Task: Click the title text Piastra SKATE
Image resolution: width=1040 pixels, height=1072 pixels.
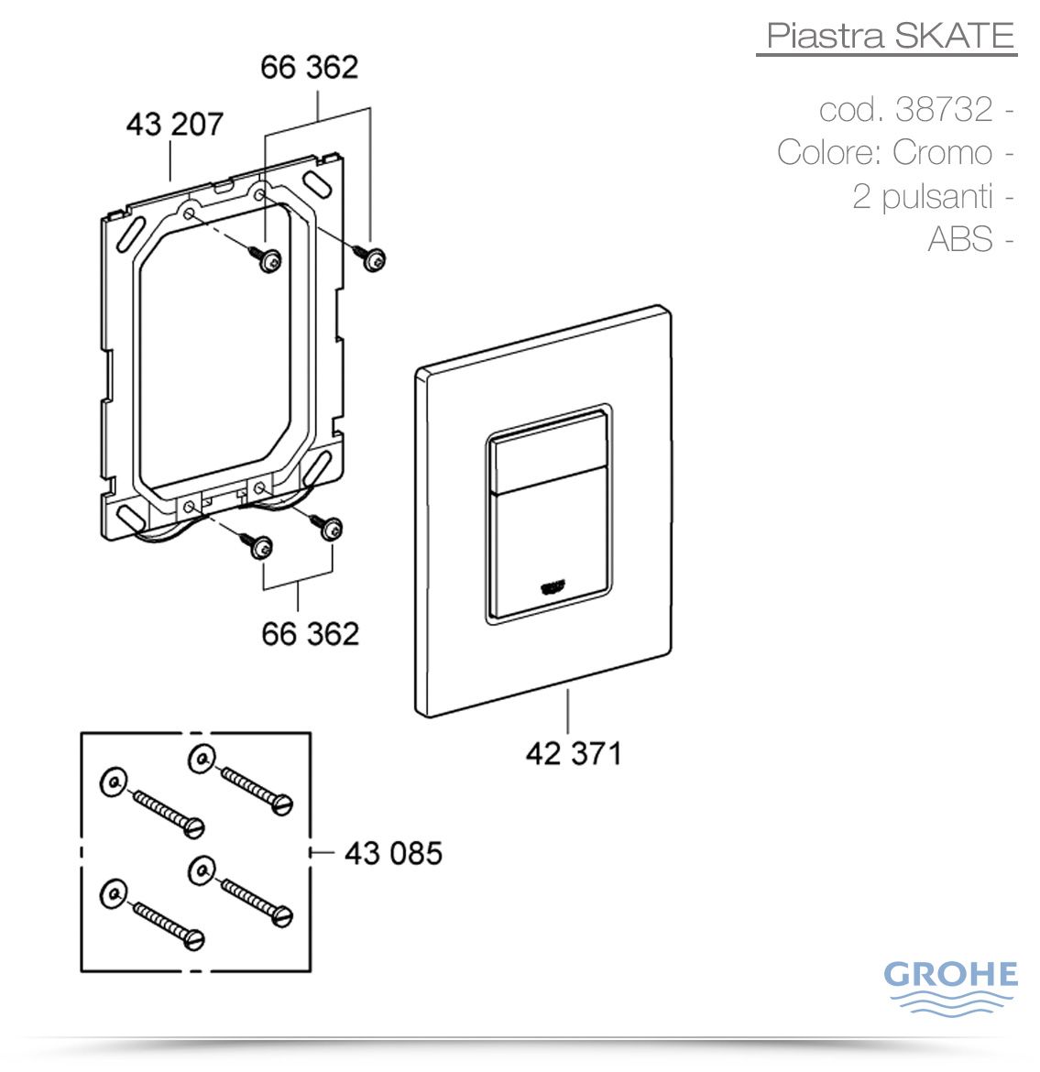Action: tap(890, 35)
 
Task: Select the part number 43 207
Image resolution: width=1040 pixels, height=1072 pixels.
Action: tap(174, 125)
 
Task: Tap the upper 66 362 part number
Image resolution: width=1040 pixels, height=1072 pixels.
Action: tap(309, 68)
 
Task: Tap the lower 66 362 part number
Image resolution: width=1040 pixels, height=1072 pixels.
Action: tap(310, 634)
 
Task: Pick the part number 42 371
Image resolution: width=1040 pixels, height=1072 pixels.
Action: tap(574, 754)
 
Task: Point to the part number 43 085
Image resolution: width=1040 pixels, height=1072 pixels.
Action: tap(393, 854)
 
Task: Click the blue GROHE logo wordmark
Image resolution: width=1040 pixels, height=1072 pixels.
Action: tap(950, 974)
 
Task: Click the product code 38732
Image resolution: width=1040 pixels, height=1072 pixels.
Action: tap(944, 109)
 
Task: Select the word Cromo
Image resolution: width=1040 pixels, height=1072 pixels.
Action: tap(942, 152)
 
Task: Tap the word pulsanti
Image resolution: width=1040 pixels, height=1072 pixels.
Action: tap(937, 197)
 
